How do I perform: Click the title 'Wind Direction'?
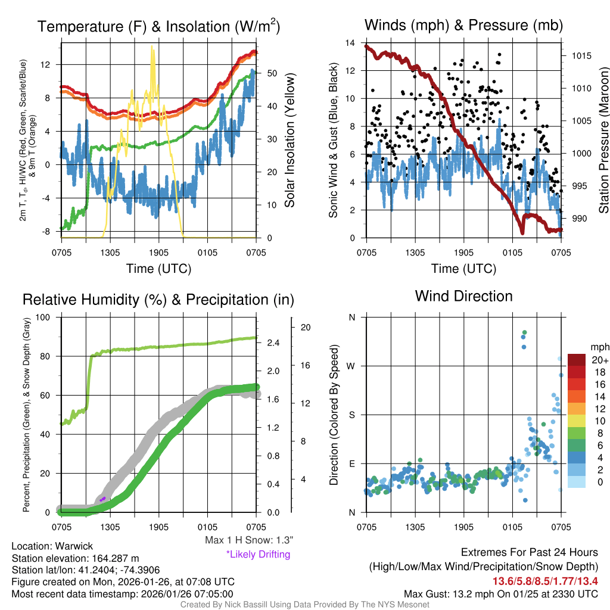coord(463,296)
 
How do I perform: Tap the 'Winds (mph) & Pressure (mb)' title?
coord(463,25)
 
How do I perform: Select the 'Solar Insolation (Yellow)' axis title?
coord(290,141)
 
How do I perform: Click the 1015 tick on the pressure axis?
coord(581,56)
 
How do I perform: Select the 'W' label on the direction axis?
coord(351,366)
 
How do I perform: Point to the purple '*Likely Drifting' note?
coord(258,554)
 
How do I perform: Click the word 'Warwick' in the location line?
coord(75,546)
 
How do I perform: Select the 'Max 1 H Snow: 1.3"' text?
coord(248,540)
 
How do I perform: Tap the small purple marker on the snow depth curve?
coord(102,499)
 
